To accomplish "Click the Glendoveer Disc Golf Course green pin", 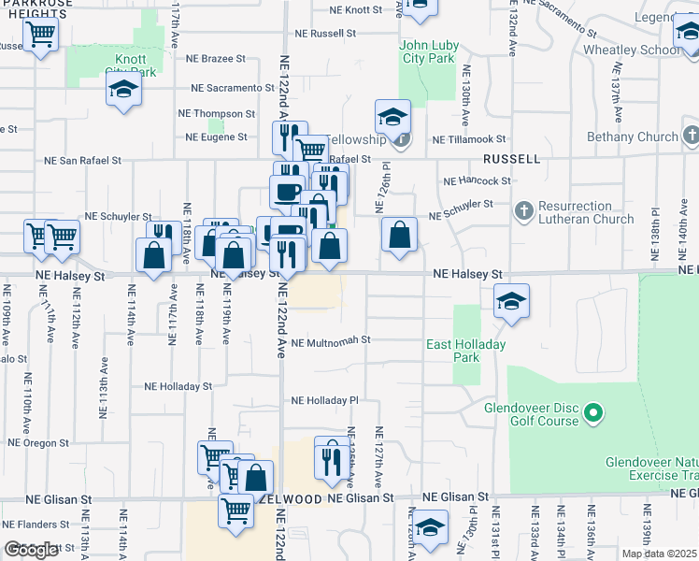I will (592, 412).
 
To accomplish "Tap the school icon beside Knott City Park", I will (123, 91).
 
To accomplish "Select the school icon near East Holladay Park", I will (511, 301).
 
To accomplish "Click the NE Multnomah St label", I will (331, 342).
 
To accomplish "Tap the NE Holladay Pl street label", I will (324, 400).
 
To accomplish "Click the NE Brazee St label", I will (215, 58).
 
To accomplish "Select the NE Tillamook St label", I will (468, 139).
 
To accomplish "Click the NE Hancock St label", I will (477, 180).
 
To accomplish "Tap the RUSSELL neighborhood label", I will (511, 159).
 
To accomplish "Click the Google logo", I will (32, 550).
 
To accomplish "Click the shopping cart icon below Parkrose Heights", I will (41, 35).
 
